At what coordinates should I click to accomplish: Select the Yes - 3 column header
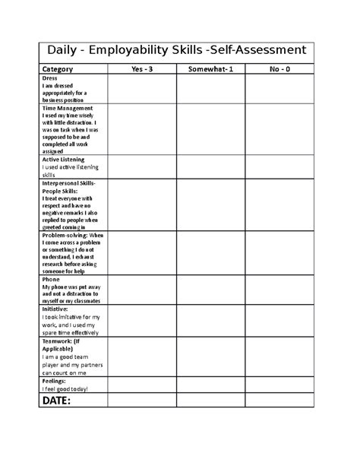point(143,69)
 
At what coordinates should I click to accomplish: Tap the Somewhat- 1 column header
point(210,69)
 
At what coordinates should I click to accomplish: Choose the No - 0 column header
point(279,69)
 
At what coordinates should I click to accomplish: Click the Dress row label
point(50,78)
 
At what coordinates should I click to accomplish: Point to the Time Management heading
point(72,109)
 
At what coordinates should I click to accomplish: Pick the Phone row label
point(51,280)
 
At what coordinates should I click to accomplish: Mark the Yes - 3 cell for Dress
point(143,90)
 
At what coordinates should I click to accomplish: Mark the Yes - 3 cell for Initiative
point(143,322)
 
